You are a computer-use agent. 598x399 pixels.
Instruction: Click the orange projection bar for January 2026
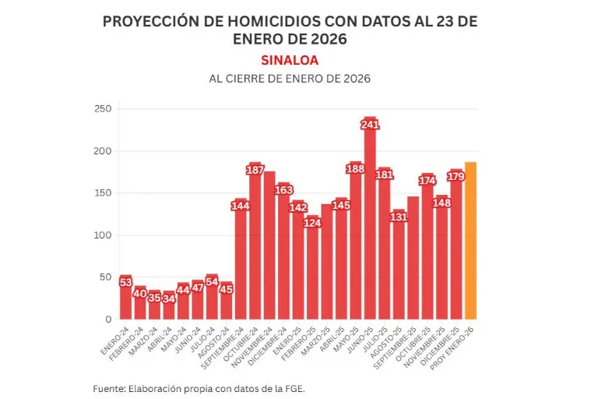[470, 242]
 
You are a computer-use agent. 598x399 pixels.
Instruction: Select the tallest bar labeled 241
[370, 226]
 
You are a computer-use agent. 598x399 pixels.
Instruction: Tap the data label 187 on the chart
[255, 170]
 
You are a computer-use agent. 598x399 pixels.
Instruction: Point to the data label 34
[169, 298]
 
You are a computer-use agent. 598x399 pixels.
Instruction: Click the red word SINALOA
[290, 60]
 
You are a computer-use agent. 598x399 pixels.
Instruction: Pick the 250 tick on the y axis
[102, 108]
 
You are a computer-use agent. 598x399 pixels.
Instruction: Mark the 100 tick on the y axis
[102, 235]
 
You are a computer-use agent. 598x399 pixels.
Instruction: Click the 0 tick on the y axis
[108, 320]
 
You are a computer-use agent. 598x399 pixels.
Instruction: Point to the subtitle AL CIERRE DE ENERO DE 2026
[290, 79]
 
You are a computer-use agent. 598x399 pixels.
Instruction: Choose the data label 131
[399, 217]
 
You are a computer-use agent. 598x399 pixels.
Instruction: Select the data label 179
[456, 176]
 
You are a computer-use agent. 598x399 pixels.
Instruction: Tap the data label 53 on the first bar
[125, 282]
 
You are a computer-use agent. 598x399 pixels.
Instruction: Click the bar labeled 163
[283, 257]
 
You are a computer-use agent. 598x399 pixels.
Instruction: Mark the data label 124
[312, 223]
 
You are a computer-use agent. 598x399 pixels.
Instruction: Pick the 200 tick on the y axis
[102, 150]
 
